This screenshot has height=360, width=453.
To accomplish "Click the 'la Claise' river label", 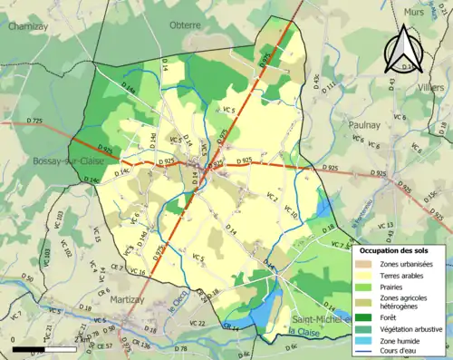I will click(306, 333).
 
